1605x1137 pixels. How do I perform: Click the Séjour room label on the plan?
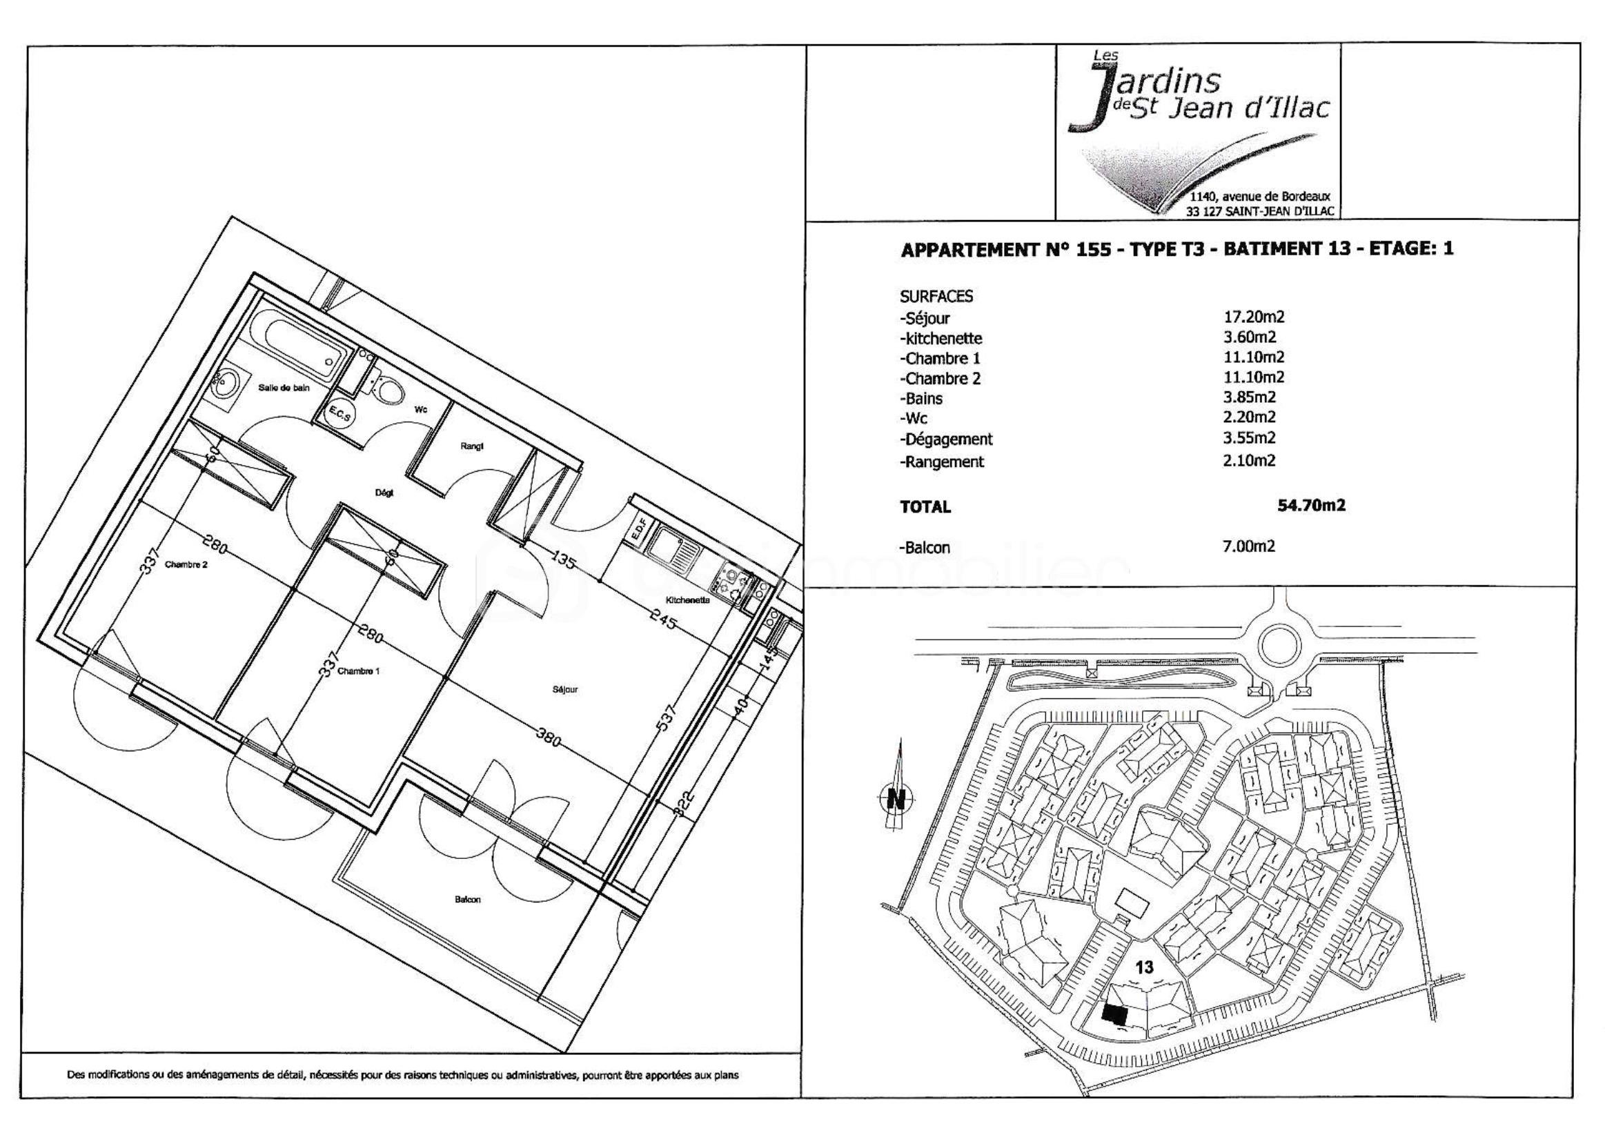click(x=565, y=690)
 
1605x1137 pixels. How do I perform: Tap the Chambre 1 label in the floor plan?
click(x=359, y=671)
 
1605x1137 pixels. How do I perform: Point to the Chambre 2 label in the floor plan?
click(x=186, y=564)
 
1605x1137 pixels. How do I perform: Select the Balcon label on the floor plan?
click(x=468, y=900)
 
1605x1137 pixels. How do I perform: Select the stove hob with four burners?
click(x=733, y=584)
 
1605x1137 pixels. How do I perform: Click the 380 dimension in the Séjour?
click(x=549, y=738)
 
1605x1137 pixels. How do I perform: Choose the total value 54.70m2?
click(x=1312, y=506)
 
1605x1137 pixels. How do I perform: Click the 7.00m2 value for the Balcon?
click(x=1248, y=546)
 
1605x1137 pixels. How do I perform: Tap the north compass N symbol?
click(x=896, y=798)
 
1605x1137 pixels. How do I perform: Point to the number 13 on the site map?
click(x=1144, y=967)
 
